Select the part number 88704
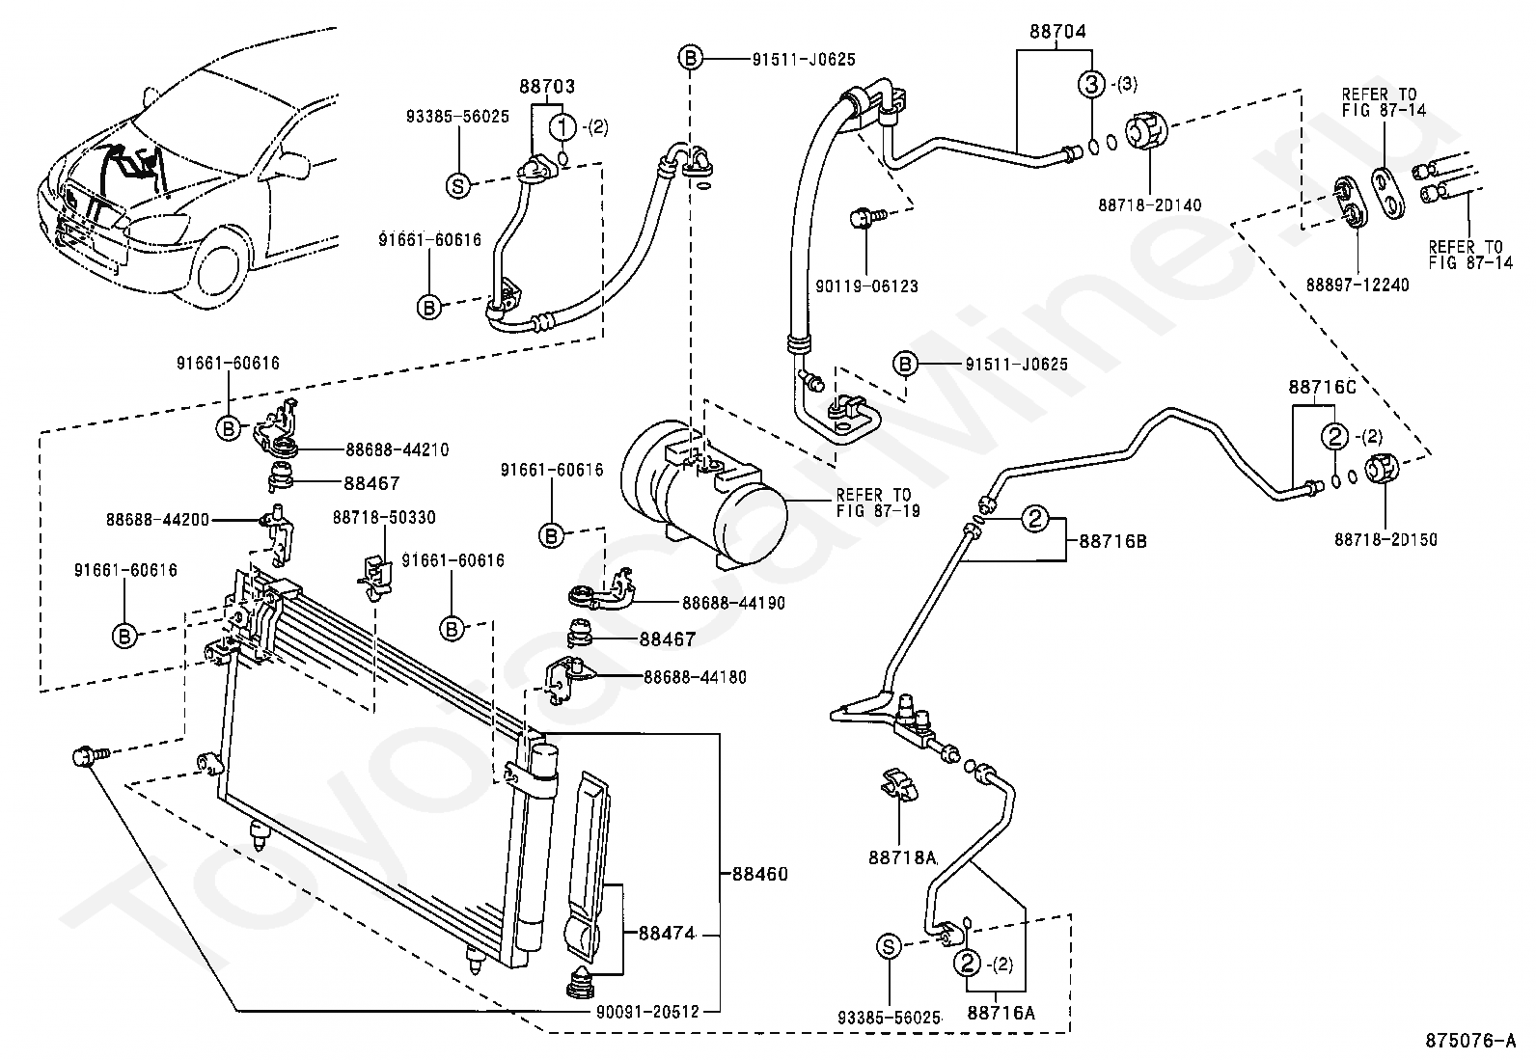pos(1057,32)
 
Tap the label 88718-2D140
pos(1150,204)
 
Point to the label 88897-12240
pos(1358,285)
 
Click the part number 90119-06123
pos(866,286)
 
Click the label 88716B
pos(1112,541)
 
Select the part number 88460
pos(759,875)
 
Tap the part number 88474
pos(667,934)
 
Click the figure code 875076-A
pos(1471,1042)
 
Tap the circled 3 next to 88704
pos(1091,84)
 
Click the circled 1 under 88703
pos(563,126)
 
